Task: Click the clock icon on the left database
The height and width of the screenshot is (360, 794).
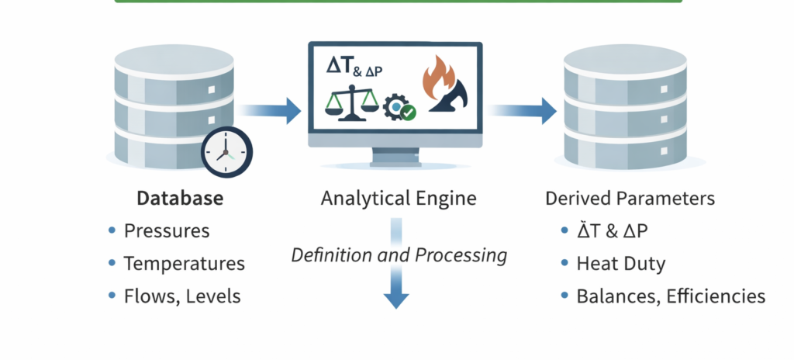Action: pyautogui.click(x=226, y=152)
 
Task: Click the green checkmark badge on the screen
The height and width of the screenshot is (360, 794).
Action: pyautogui.click(x=408, y=112)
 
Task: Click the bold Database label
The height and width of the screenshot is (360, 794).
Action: pyautogui.click(x=180, y=199)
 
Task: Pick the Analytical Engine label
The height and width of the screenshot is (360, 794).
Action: pyautogui.click(x=399, y=199)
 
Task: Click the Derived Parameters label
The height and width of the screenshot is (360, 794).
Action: pyautogui.click(x=630, y=199)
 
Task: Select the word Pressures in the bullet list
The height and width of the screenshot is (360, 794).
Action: pyautogui.click(x=167, y=231)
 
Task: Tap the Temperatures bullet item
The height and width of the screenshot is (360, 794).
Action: pyautogui.click(x=185, y=264)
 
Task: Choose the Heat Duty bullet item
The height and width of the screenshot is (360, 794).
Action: pyautogui.click(x=620, y=264)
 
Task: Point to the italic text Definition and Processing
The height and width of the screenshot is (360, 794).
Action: pyautogui.click(x=399, y=254)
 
